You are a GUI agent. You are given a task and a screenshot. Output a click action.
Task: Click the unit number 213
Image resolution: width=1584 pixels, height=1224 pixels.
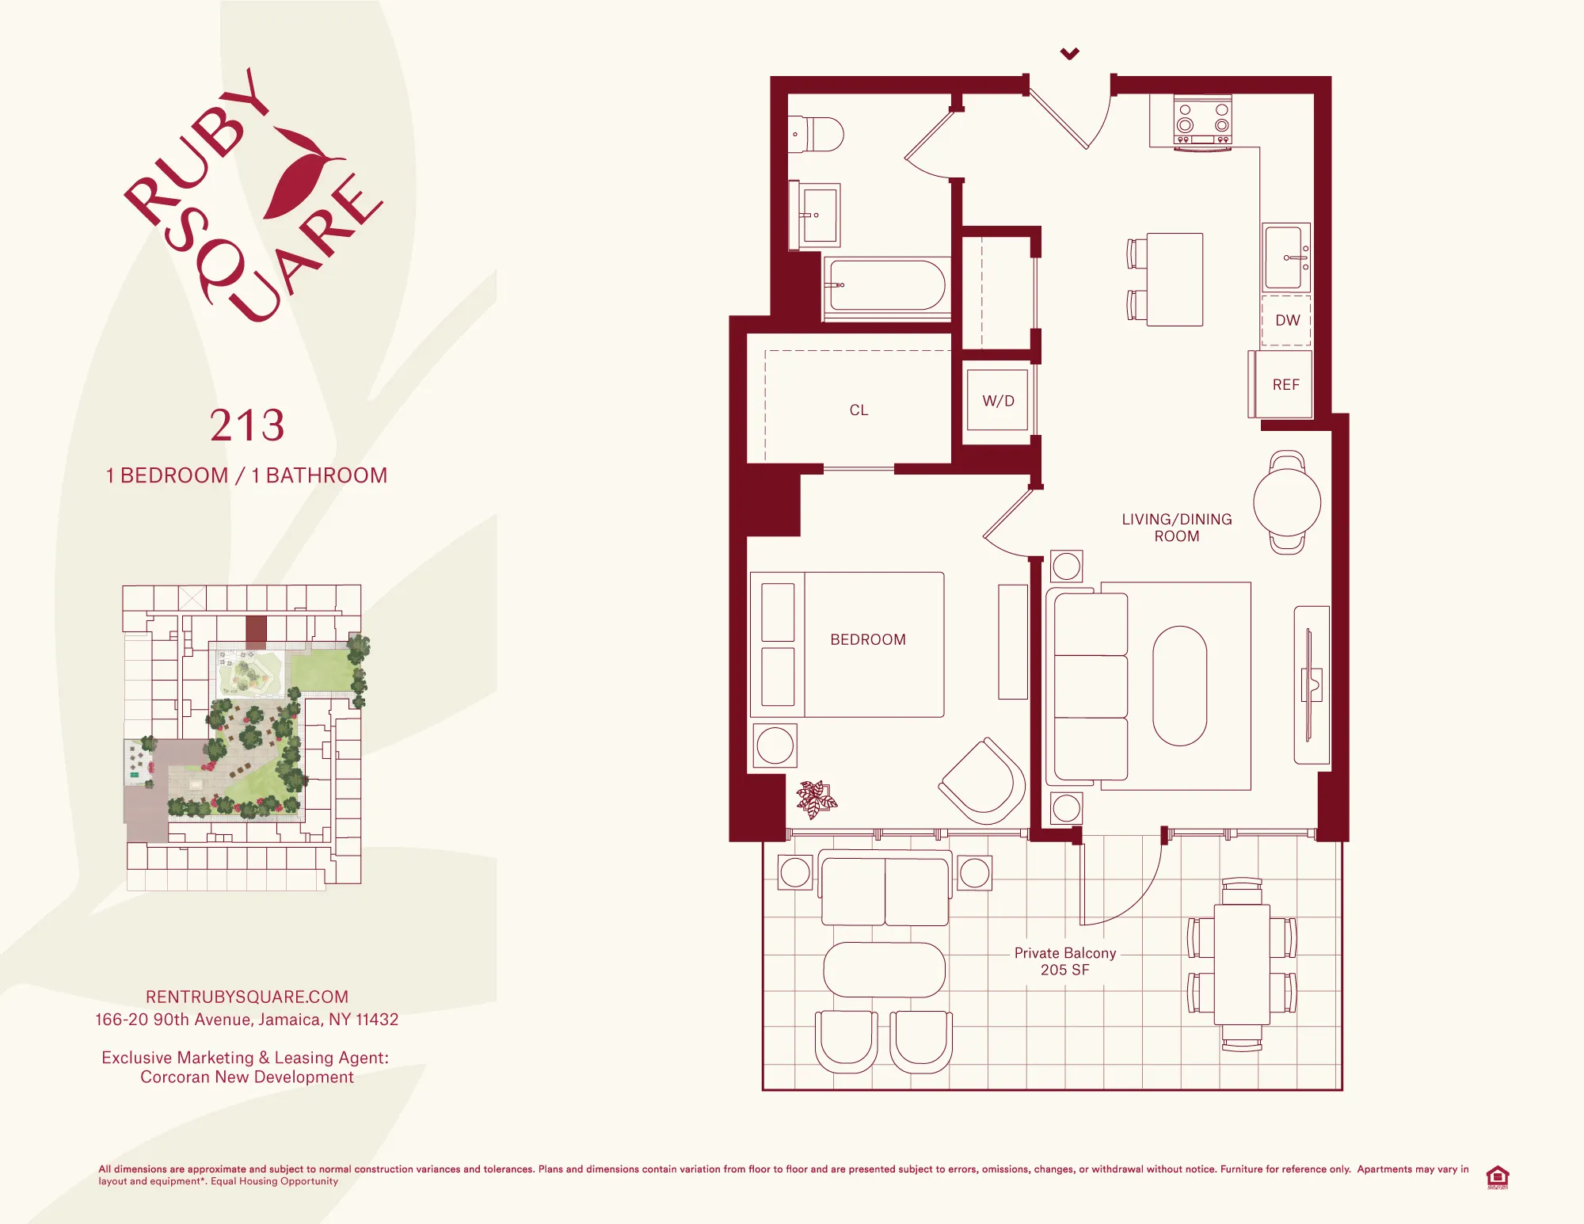pyautogui.click(x=247, y=426)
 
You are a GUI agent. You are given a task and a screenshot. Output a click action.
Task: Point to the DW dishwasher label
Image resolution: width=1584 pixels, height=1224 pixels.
pyautogui.click(x=1287, y=320)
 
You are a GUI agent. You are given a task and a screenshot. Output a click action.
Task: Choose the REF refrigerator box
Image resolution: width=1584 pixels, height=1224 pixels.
pyautogui.click(x=1285, y=385)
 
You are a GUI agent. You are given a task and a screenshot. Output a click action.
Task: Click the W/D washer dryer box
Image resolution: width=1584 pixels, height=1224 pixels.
pyautogui.click(x=998, y=401)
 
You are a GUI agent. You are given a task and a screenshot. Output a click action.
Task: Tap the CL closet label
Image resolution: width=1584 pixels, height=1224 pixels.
pyautogui.click(x=859, y=410)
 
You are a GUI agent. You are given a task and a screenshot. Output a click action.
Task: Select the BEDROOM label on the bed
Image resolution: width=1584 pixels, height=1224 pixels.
pyautogui.click(x=868, y=640)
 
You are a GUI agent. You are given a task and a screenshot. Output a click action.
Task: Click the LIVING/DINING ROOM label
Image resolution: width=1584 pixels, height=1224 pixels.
pyautogui.click(x=1177, y=528)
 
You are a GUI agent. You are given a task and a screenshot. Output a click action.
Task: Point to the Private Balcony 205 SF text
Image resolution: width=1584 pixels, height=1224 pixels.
pyautogui.click(x=1065, y=961)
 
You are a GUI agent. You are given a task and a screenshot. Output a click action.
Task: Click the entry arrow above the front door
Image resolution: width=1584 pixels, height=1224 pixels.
pyautogui.click(x=1070, y=54)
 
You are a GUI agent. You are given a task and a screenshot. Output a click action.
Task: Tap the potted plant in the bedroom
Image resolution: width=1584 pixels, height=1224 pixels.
pyautogui.click(x=816, y=799)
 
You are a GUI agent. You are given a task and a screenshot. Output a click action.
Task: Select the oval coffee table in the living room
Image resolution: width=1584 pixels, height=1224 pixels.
pyautogui.click(x=1179, y=686)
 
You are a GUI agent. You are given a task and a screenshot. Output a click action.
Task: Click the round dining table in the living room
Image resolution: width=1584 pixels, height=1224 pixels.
pyautogui.click(x=1287, y=502)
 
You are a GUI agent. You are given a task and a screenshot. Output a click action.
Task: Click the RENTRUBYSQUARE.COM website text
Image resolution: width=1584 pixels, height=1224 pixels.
pyautogui.click(x=247, y=997)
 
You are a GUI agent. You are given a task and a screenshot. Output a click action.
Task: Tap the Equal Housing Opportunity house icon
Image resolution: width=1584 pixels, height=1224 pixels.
pyautogui.click(x=1497, y=1176)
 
